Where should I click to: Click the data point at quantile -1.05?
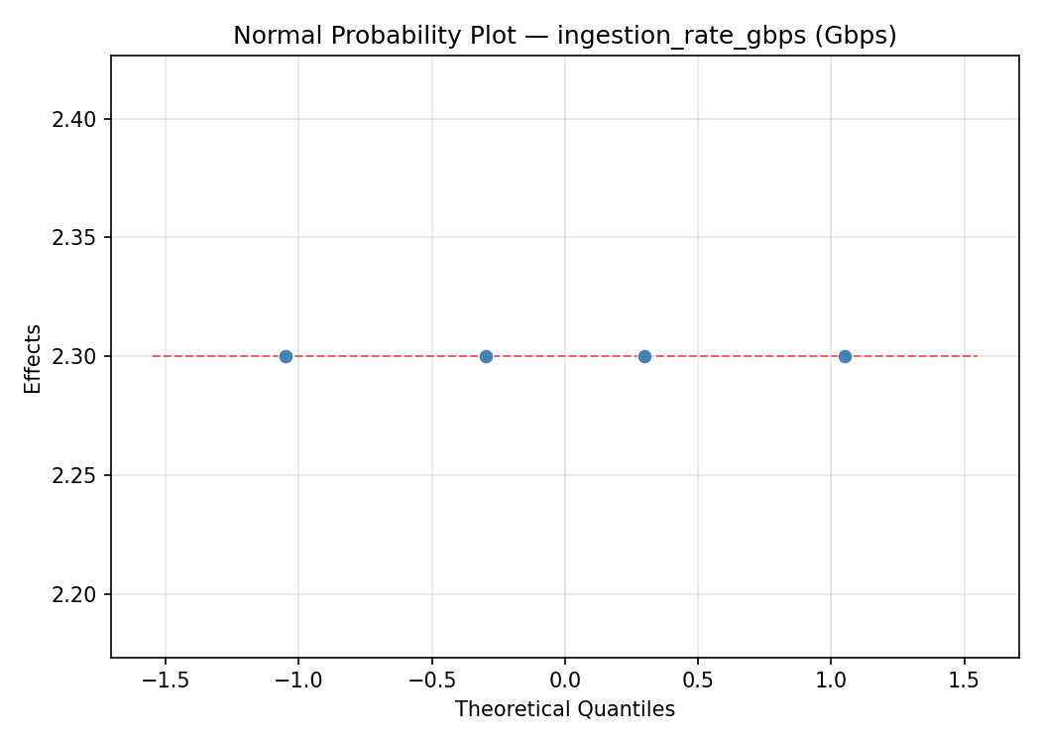tap(286, 356)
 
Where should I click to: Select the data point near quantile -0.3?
tap(486, 356)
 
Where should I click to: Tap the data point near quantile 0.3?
tap(644, 356)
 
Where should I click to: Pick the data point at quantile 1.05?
tap(845, 356)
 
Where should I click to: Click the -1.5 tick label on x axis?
tap(165, 681)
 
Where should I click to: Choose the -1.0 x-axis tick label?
tap(297, 681)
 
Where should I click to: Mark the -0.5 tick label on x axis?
tap(431, 681)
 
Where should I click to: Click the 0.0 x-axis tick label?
tap(564, 681)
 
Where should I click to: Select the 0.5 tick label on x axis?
tap(698, 681)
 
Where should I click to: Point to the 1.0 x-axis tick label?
tap(831, 681)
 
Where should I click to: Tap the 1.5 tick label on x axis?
tap(964, 681)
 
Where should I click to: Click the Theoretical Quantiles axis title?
tap(564, 709)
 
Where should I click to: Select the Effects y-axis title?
tap(34, 358)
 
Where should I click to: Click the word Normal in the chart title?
tap(271, 37)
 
